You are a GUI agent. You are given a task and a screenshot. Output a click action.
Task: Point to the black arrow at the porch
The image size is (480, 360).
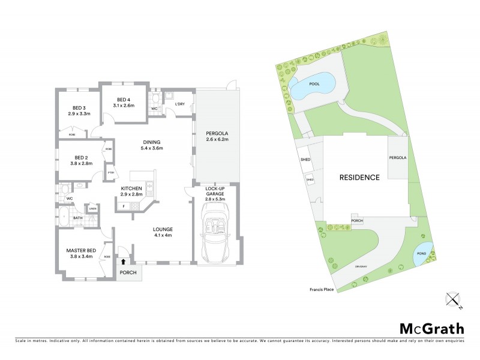[x=124, y=261]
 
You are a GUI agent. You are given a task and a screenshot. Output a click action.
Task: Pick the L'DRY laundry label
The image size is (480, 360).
[x=179, y=104]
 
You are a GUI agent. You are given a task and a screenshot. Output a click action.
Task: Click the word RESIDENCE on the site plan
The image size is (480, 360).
[x=359, y=178]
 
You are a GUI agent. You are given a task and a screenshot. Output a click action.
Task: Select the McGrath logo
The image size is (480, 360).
[x=431, y=328]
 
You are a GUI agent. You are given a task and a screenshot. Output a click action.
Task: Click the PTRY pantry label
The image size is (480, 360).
[x=110, y=174]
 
